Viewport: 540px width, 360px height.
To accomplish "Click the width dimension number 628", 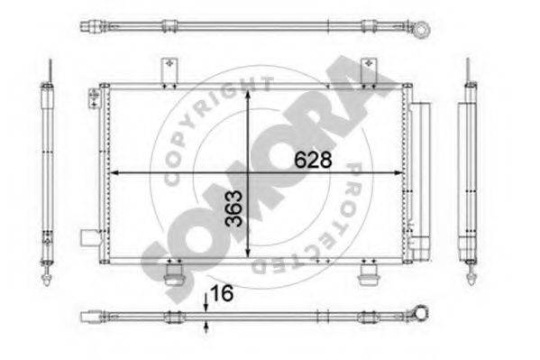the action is click(313, 160).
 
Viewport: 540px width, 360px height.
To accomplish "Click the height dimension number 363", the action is click(233, 208).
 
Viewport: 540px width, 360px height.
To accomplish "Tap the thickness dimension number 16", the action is click(222, 293).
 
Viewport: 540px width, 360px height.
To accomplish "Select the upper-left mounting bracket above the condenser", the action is click(169, 71).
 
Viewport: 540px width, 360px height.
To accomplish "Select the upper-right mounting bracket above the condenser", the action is click(369, 71).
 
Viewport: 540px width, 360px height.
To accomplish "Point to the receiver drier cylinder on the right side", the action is click(421, 181).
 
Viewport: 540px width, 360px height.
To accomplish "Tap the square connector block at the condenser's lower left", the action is click(89, 238).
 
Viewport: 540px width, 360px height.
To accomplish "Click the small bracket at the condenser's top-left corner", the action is click(94, 98).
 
